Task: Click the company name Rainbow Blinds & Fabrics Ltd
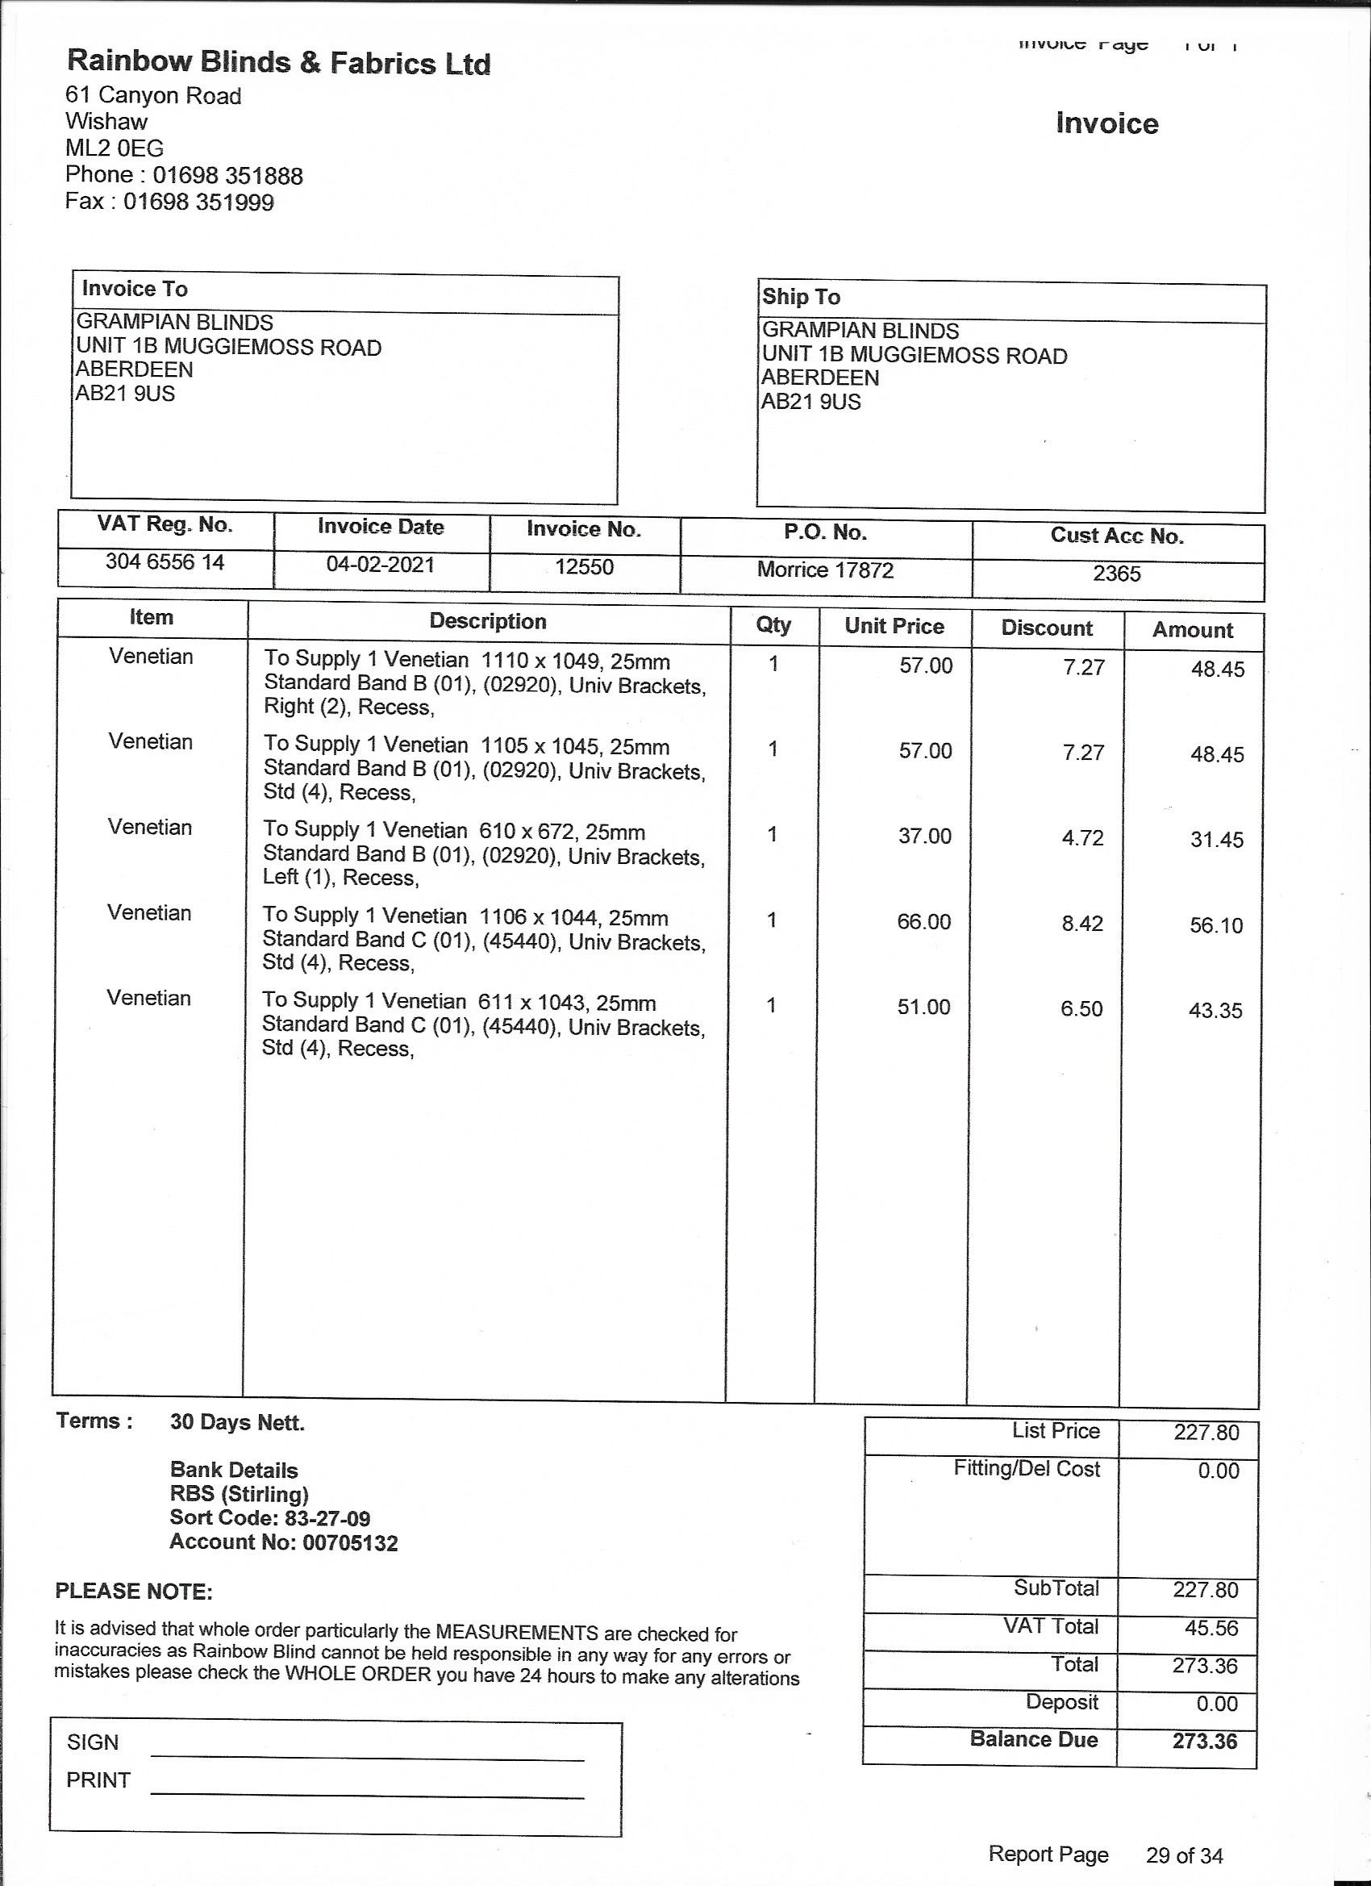(278, 62)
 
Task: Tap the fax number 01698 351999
(198, 202)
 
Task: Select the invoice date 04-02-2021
(380, 565)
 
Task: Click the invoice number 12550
(584, 567)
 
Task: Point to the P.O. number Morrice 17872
(825, 570)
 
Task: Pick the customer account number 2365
(1117, 573)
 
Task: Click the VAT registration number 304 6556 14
(165, 562)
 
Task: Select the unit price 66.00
(923, 921)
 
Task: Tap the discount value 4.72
(1082, 837)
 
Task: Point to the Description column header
(487, 621)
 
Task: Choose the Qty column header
(773, 624)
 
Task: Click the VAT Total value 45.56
(1211, 1627)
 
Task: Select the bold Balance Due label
(1033, 1739)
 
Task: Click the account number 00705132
(350, 1542)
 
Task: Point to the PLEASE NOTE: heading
(134, 1591)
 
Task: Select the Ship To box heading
(801, 297)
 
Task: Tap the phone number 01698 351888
(227, 176)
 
